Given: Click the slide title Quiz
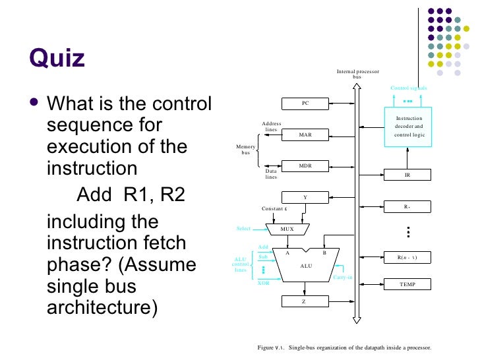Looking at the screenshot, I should pos(57,58).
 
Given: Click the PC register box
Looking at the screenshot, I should pos(305,104).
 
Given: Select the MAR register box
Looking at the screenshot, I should pos(305,135).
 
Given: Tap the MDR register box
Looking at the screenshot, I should pos(305,165).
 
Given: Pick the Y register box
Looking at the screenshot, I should pos(305,197).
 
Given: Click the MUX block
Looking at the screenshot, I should pos(287,229).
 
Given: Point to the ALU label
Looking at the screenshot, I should pos(306,265).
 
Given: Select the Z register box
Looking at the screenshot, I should pos(305,301).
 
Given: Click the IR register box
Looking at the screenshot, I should pos(407,175).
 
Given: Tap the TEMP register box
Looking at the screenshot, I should pos(407,284).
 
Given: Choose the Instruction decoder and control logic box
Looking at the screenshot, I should pos(409,126).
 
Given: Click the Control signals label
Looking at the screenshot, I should pos(409,88).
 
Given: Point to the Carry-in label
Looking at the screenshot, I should pos(342,278).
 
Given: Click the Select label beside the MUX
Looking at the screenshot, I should pos(244,229).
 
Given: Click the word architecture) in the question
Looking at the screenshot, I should pos(103,308).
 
